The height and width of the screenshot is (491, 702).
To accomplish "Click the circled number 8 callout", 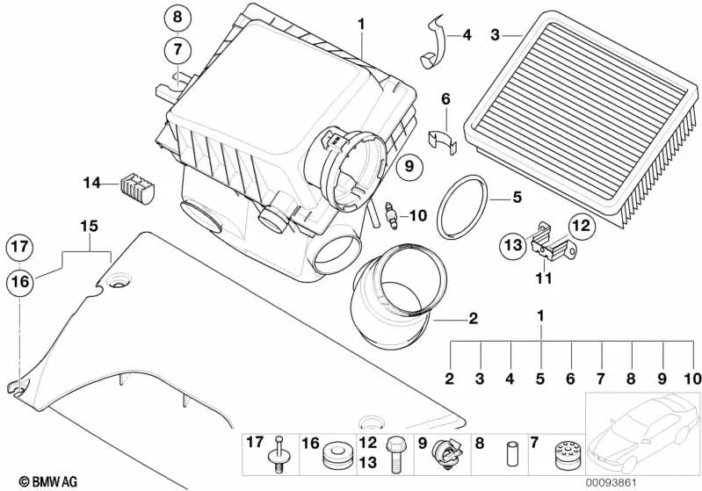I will click(177, 18).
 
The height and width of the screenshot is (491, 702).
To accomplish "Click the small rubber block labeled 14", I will click(136, 184).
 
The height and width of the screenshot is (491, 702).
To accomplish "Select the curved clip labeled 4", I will click(436, 45).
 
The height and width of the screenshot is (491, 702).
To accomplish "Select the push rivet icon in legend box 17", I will click(279, 458).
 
